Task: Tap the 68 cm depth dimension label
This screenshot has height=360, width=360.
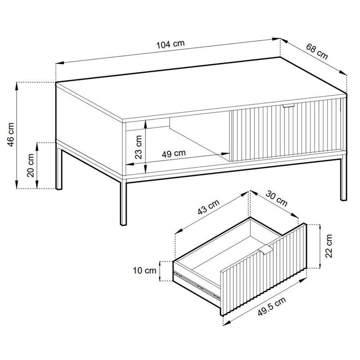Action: click(x=317, y=52)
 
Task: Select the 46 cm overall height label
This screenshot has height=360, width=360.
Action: click(x=11, y=135)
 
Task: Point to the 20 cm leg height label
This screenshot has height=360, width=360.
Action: click(x=31, y=165)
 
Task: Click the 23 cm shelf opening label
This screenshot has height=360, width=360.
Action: click(x=139, y=147)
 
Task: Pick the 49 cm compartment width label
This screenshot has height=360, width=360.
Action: click(x=174, y=153)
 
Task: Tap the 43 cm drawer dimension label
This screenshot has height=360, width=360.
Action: click(x=208, y=207)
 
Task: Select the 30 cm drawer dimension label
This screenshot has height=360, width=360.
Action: click(x=276, y=199)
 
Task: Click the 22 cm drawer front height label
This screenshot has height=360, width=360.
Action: click(x=329, y=246)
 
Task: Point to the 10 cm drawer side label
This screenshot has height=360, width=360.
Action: click(x=144, y=270)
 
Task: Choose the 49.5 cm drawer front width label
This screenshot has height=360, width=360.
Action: click(x=272, y=306)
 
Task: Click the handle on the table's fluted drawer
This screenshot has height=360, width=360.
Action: click(x=288, y=106)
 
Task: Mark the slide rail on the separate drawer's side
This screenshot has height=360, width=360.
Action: click(x=197, y=285)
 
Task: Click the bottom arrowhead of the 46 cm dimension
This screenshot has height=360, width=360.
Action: click(x=17, y=184)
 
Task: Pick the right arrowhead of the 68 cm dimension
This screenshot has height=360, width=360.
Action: click(x=343, y=72)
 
